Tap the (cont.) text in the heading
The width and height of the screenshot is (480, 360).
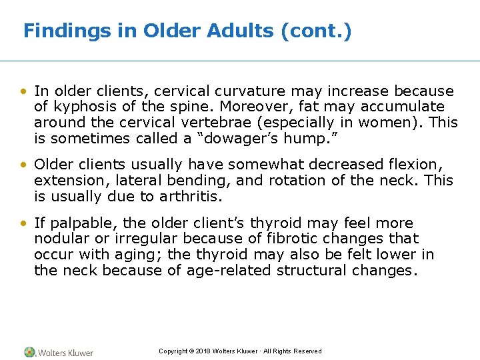[x=316, y=31]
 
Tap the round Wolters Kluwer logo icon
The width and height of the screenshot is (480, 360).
[x=29, y=352]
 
